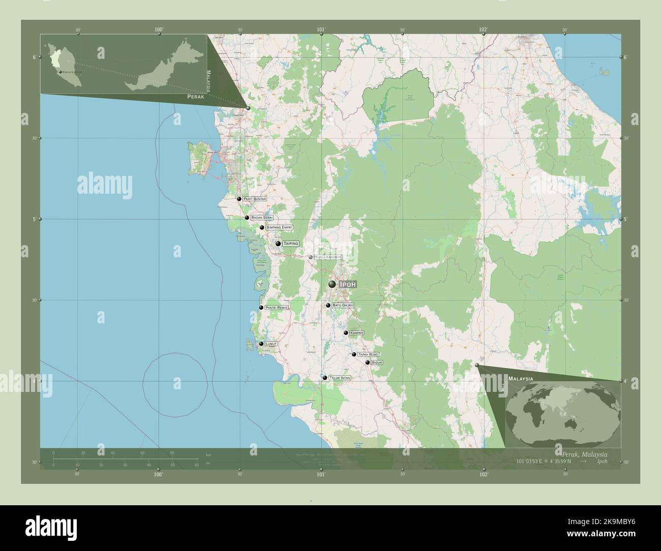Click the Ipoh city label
click(x=348, y=285)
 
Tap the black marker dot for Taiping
click(x=278, y=244)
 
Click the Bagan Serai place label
click(x=262, y=218)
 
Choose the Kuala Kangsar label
click(x=328, y=257)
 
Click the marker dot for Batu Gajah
click(x=328, y=305)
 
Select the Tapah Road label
click(x=368, y=354)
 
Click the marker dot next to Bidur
click(x=367, y=362)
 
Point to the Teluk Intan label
click(x=340, y=378)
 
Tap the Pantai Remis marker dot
click(x=261, y=308)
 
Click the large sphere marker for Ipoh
click(x=332, y=284)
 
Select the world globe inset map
click(x=563, y=412)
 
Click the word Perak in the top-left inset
click(x=196, y=96)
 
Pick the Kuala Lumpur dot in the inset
click(x=61, y=73)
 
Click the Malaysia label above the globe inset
click(x=520, y=379)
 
